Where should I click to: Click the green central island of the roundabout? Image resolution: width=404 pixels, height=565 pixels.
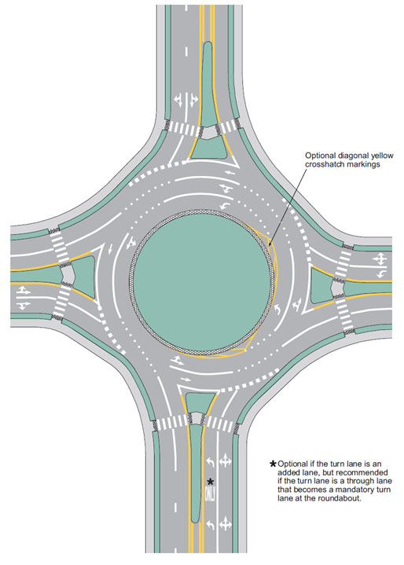[202, 282]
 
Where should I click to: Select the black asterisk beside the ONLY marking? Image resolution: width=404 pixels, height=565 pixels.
[211, 482]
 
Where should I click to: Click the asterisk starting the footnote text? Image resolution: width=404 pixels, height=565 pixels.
[274, 464]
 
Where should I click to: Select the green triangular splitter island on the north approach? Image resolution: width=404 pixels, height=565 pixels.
[209, 148]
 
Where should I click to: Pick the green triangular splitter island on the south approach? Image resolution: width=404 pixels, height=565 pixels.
[200, 402]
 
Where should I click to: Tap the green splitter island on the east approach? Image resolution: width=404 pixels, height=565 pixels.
[321, 285]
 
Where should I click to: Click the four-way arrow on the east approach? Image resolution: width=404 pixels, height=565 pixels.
[380, 259]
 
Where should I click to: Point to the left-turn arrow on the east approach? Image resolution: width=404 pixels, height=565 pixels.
[381, 274]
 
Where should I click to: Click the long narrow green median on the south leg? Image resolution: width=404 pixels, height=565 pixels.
[196, 473]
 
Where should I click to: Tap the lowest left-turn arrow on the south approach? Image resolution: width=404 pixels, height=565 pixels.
[210, 524]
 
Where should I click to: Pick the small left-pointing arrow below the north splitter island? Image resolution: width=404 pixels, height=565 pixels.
[230, 172]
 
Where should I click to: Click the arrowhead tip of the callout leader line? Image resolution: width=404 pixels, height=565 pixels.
[270, 247]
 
